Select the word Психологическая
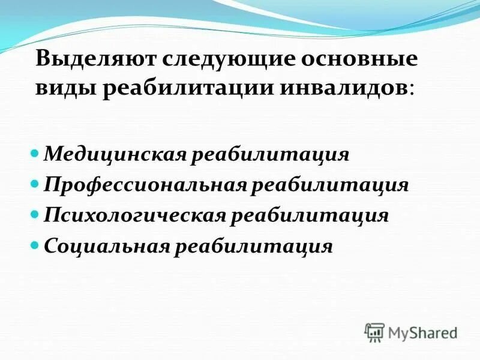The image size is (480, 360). (134, 215)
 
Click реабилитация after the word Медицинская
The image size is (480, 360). (270, 155)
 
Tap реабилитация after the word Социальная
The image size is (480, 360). (253, 246)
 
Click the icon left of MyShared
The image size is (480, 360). (374, 332)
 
